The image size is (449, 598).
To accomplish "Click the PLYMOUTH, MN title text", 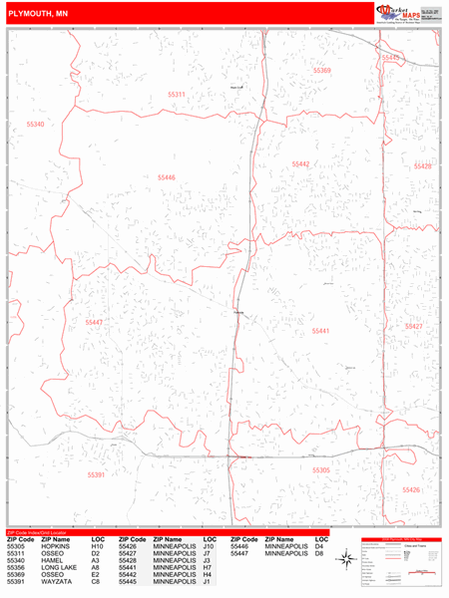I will tap(37, 13).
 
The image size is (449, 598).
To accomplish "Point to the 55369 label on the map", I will tap(321, 71).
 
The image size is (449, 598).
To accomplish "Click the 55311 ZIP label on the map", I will tap(176, 95).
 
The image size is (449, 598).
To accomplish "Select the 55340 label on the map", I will tap(36, 124).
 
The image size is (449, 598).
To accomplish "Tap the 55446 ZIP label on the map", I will tap(166, 177).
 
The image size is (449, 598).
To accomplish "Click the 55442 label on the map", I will tap(301, 163).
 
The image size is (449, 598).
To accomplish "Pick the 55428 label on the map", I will tap(423, 166).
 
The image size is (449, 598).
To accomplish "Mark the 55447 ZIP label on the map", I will tap(94, 322).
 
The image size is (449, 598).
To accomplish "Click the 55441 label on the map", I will tap(320, 330).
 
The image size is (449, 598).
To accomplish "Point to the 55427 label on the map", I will tap(414, 326).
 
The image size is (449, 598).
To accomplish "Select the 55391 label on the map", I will tap(96, 475).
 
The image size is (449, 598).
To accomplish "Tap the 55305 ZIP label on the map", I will tap(321, 469).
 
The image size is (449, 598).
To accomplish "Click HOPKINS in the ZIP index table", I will tap(55, 546).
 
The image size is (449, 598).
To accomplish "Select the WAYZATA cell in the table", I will tap(56, 581).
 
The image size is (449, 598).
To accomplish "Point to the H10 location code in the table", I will tap(97, 546).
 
